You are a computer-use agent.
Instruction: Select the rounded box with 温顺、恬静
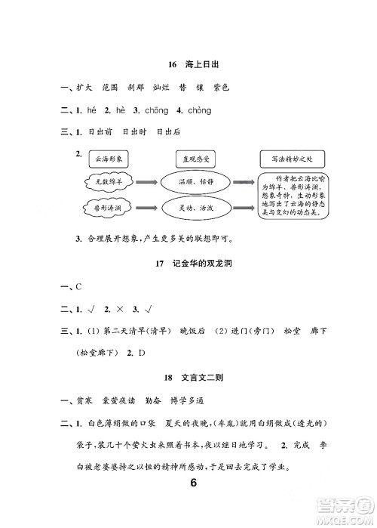point(195,182)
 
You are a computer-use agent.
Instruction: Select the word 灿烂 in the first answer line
point(161,87)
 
